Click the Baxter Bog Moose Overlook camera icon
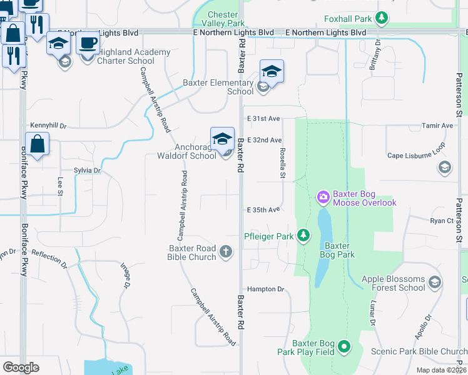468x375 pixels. click(323, 197)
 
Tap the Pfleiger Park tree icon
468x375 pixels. click(303, 235)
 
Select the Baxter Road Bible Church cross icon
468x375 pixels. click(226, 252)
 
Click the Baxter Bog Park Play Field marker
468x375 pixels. click(343, 346)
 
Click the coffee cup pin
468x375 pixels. click(88, 43)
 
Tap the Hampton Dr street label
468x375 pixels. click(265, 289)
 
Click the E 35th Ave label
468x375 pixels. click(263, 210)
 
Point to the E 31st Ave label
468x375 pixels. click(263, 118)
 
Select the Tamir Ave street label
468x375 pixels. click(438, 126)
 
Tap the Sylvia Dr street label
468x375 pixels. click(87, 170)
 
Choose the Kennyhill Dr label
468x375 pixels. click(48, 126)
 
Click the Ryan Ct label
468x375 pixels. click(441, 221)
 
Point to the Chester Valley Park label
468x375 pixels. click(223, 19)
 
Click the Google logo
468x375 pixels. click(21, 367)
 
